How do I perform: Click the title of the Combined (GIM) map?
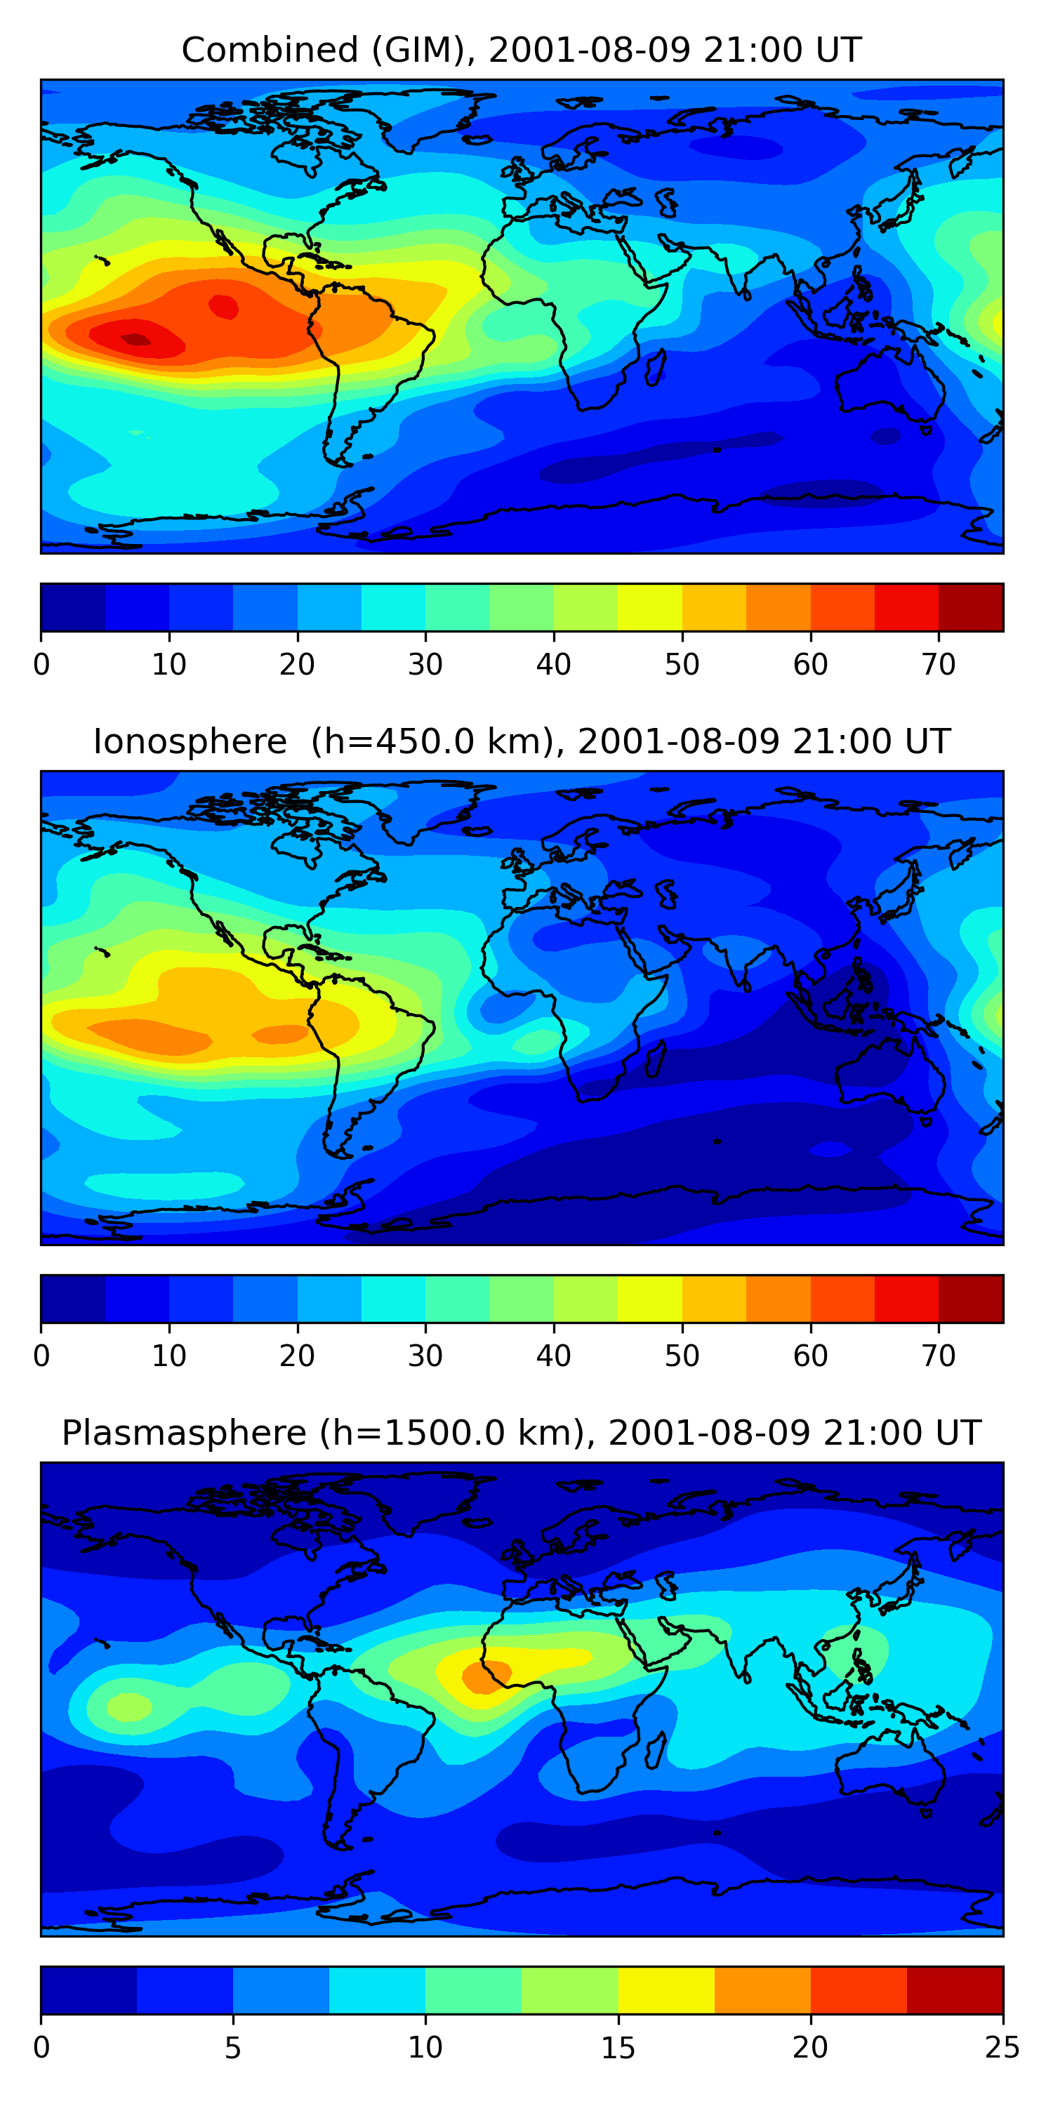coord(522,51)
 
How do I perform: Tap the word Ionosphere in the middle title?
coord(190,742)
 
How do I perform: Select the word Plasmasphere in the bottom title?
coord(184,1434)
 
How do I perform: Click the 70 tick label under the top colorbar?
coord(939,665)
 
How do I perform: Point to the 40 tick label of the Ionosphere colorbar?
coord(553,1356)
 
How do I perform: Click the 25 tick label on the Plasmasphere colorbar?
coord(1002,2048)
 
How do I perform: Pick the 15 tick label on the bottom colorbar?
coord(618,2048)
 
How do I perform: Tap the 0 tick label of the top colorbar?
coord(41,665)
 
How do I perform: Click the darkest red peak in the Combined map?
coord(135,339)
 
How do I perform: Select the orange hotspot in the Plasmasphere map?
coord(484,1677)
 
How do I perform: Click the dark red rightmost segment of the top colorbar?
coord(970,607)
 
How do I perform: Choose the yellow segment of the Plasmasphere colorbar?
coord(666,1990)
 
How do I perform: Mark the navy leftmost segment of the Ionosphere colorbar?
coord(74,1298)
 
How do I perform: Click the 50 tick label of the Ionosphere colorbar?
coord(682,1356)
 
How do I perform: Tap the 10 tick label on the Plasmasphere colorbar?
coord(425,2048)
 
